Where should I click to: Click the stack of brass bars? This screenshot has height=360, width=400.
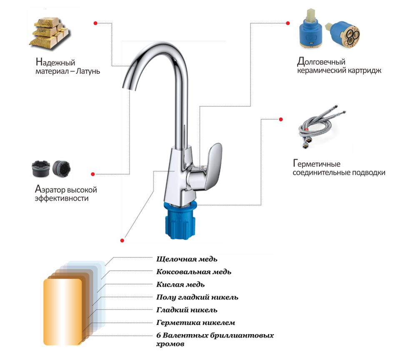(49, 33)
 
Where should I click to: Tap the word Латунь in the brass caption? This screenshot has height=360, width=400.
(88, 71)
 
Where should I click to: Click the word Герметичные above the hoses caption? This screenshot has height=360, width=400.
(317, 164)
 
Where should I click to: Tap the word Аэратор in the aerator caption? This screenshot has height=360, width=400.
(50, 189)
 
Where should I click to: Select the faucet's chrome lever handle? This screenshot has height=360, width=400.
(205, 167)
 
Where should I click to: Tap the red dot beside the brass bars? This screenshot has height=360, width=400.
(95, 23)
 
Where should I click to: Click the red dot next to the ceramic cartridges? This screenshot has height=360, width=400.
(288, 23)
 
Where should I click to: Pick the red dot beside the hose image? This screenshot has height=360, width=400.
(281, 119)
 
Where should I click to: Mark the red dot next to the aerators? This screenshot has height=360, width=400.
(93, 174)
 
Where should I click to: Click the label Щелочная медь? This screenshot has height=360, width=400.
(187, 259)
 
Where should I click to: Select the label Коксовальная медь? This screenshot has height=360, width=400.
(194, 272)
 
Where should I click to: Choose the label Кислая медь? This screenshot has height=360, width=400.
(180, 284)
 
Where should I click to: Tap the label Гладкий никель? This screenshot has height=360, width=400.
(187, 310)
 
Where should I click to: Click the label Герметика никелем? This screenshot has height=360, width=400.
(196, 323)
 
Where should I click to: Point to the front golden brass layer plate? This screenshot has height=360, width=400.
(63, 312)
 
